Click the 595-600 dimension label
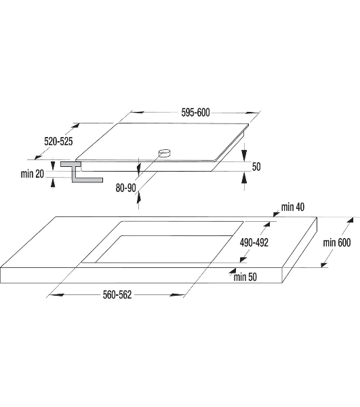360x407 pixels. pyautogui.click(x=195, y=113)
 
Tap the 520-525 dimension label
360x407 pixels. pyautogui.click(x=58, y=142)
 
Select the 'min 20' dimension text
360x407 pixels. pyautogui.click(x=33, y=174)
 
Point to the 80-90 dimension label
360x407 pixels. pyautogui.click(x=126, y=188)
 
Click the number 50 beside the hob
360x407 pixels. pyautogui.click(x=256, y=167)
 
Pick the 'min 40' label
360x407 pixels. pyautogui.click(x=293, y=207)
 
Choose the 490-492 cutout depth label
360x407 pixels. pyautogui.click(x=254, y=242)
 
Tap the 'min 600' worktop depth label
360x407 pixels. pyautogui.click(x=337, y=242)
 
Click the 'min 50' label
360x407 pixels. pyautogui.click(x=245, y=277)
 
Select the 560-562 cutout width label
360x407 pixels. pyautogui.click(x=117, y=294)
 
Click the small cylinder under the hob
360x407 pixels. pyautogui.click(x=165, y=153)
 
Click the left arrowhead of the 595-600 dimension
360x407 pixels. pyautogui.click(x=138, y=112)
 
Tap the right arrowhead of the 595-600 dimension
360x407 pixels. pyautogui.click(x=252, y=113)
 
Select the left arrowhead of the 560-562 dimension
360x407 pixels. pyautogui.click(x=56, y=294)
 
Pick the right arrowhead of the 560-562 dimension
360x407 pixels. pyautogui.click(x=177, y=294)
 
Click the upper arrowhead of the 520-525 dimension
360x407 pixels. pyautogui.click(x=75, y=126)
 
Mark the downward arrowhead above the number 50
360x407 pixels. pyautogui.click(x=244, y=155)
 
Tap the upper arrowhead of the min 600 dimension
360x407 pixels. pyautogui.click(x=350, y=220)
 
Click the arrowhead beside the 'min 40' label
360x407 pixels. pyautogui.click(x=277, y=214)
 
